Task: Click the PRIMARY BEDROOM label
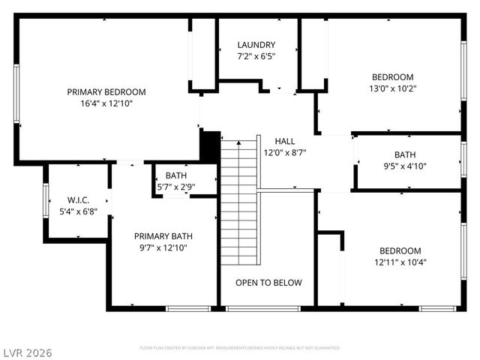(x=106, y=92)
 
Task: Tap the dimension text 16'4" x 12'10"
(x=106, y=104)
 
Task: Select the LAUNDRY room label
(x=256, y=45)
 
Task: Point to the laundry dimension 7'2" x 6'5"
(x=256, y=57)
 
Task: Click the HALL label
(x=285, y=141)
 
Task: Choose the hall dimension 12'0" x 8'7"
(x=285, y=152)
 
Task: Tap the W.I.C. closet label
(x=79, y=200)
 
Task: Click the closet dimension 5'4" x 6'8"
(x=79, y=211)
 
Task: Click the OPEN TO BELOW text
(x=268, y=283)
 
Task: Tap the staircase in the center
(x=238, y=202)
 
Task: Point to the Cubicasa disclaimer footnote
(x=240, y=348)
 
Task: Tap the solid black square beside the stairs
(x=211, y=145)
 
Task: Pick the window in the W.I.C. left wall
(x=46, y=200)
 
